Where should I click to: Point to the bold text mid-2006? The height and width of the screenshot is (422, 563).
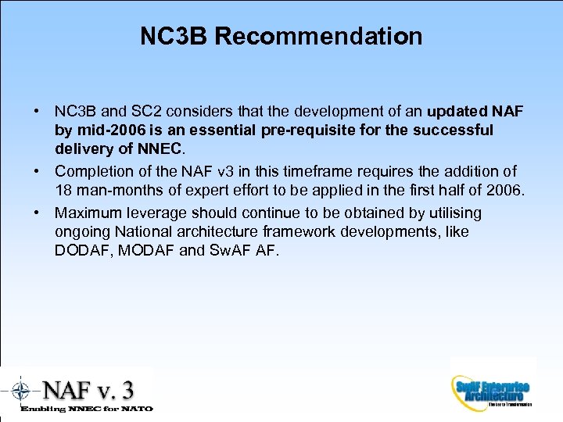tap(111, 130)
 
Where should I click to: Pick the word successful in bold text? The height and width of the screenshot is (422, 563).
tap(456, 130)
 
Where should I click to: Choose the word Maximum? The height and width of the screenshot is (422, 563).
tap(88, 213)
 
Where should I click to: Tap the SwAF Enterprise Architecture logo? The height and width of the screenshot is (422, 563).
tap(492, 389)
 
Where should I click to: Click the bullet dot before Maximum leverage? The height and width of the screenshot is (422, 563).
tap(38, 213)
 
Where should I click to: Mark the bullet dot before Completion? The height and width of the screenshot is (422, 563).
tap(38, 171)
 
